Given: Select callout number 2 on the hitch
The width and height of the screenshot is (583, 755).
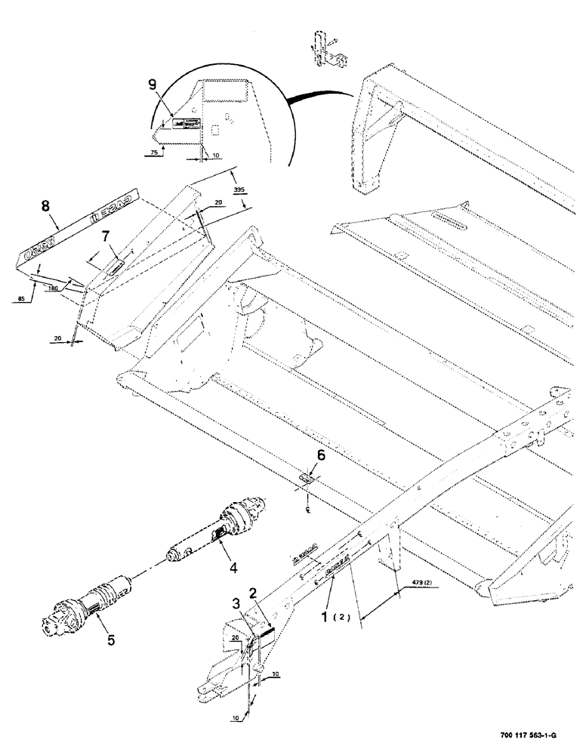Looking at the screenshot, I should [x=254, y=593].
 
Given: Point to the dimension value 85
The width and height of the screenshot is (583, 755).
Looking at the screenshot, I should [x=22, y=300].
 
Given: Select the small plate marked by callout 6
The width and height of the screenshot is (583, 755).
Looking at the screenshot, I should [x=308, y=477].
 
